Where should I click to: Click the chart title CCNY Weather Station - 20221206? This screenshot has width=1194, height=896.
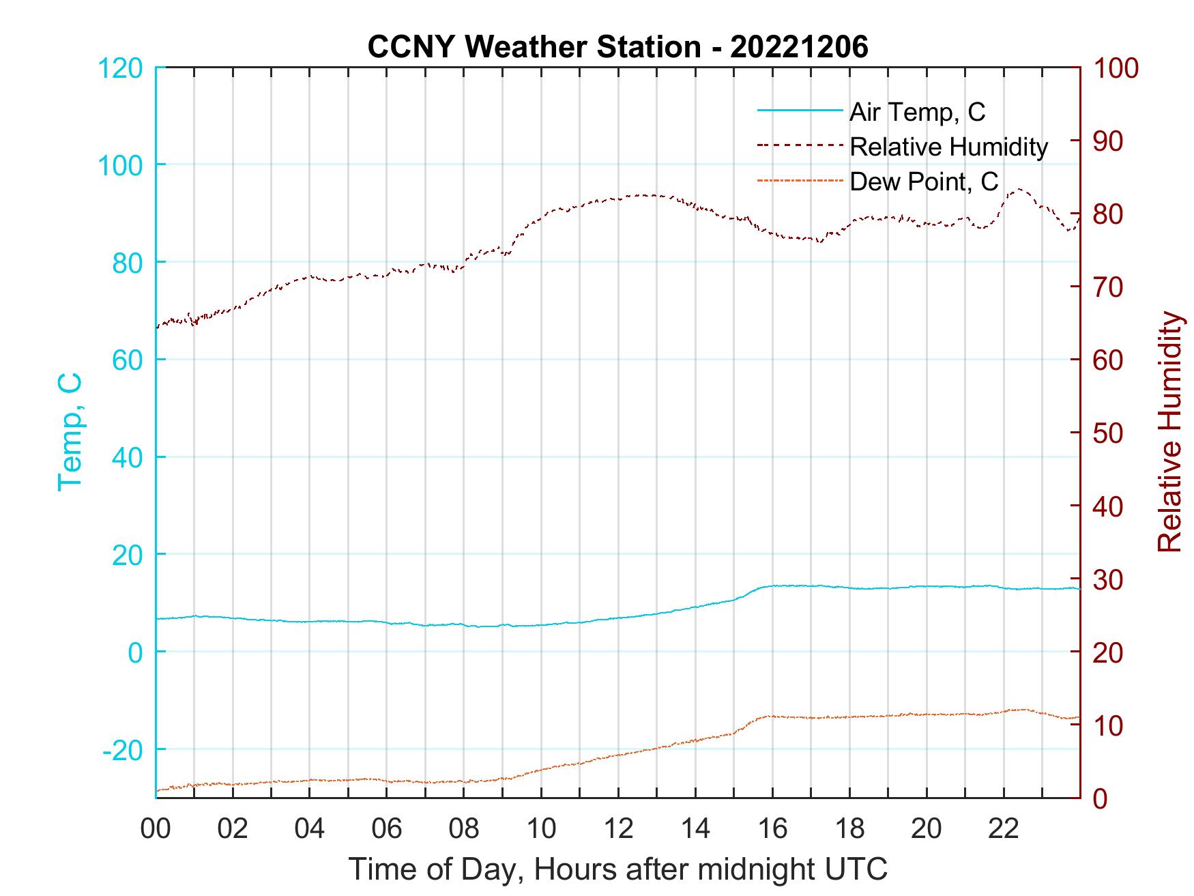point(617,47)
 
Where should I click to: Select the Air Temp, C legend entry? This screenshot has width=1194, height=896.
point(917,112)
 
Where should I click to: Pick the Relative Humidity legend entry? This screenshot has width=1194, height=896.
point(948,147)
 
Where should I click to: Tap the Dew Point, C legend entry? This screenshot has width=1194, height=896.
point(924,182)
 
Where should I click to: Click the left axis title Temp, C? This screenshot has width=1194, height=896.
point(70,432)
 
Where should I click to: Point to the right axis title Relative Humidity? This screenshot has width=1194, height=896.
point(1169,432)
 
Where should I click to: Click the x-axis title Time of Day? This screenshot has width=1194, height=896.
point(617,869)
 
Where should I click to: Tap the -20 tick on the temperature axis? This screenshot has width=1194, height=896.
point(123,750)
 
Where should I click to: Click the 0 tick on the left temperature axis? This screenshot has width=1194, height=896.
point(136,652)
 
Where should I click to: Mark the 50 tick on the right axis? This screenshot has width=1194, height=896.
point(1108,433)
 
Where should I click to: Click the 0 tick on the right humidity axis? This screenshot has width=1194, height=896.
point(1100,798)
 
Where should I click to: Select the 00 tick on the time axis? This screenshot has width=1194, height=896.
point(156,830)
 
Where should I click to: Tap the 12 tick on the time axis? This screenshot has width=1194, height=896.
point(618,830)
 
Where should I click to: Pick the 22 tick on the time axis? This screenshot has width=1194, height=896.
point(1004,830)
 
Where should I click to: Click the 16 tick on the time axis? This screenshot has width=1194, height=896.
point(772,830)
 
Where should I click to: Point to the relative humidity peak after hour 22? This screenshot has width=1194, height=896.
point(1019,189)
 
